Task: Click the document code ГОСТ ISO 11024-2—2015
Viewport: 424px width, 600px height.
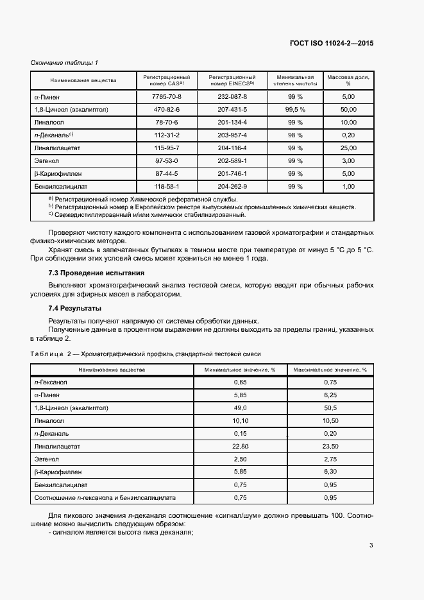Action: tap(332, 44)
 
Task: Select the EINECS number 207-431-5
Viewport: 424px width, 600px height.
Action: tap(232, 109)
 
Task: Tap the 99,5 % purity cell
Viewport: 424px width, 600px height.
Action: tap(295, 109)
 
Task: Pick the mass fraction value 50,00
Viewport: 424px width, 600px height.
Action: tap(348, 109)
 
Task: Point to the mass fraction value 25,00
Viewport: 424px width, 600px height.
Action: tap(348, 148)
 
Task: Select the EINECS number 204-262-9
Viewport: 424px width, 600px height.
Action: tap(232, 186)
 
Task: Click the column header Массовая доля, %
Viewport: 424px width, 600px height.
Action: tap(348, 80)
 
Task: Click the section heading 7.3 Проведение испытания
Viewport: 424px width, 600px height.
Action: tap(96, 273)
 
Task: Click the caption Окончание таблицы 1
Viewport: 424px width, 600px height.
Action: tap(64, 62)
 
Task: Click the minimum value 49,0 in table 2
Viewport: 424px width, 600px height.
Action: tap(240, 407)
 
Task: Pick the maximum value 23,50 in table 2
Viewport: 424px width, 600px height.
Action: tap(330, 446)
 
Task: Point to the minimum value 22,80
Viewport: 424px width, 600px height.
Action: tap(240, 446)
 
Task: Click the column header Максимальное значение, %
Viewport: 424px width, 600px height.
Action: tap(330, 370)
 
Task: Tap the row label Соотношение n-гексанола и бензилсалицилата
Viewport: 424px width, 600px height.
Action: tap(105, 497)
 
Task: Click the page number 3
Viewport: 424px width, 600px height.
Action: tap(371, 545)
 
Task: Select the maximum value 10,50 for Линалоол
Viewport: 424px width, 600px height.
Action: tap(330, 420)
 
